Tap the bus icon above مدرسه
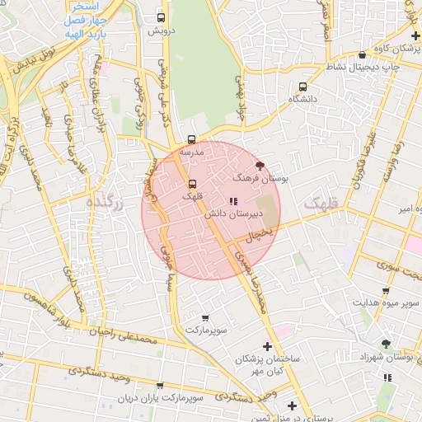click(x=192, y=140)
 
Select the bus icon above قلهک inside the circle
click(x=193, y=184)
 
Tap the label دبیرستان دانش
click(x=233, y=213)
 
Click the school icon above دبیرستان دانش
click(x=233, y=200)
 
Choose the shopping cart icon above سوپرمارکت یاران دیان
click(x=160, y=386)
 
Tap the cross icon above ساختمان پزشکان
click(x=267, y=346)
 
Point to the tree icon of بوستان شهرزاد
click(x=387, y=344)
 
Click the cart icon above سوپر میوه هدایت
click(x=387, y=291)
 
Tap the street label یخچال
click(x=260, y=235)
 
